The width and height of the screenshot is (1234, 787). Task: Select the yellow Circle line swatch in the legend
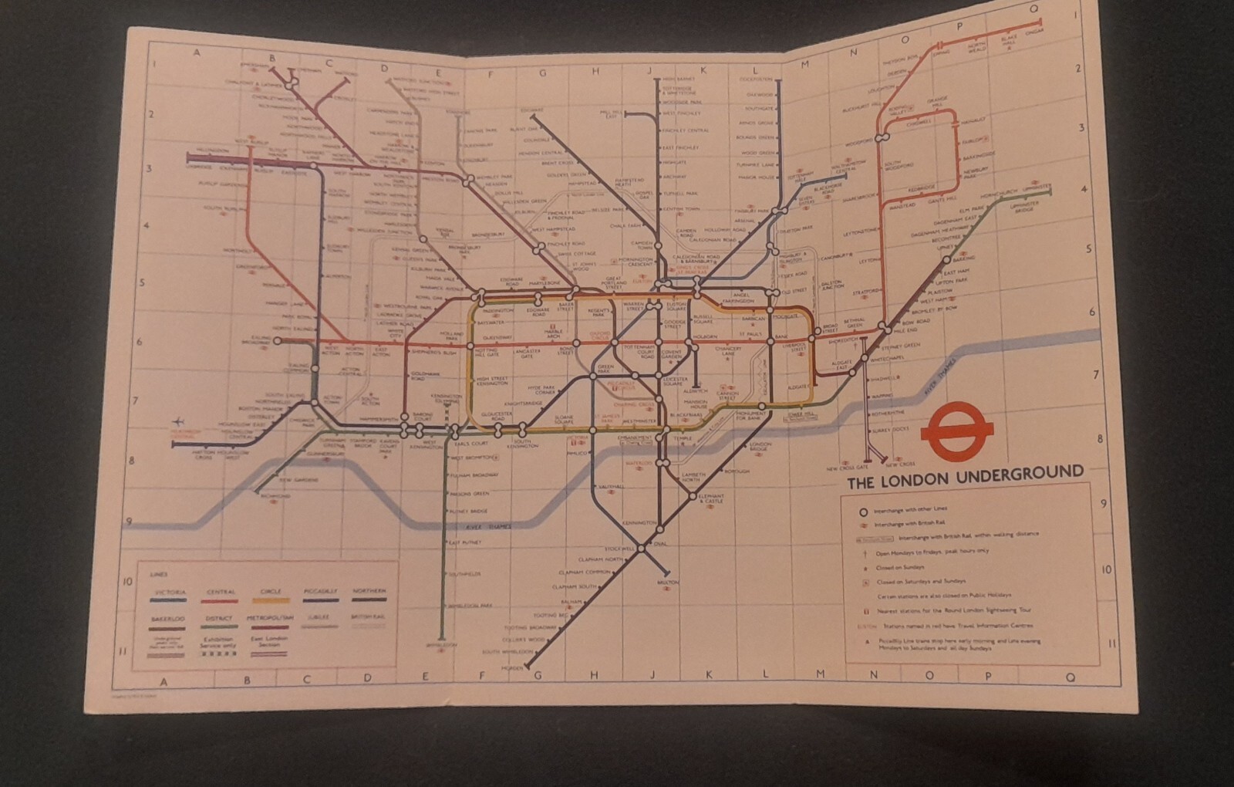point(270,599)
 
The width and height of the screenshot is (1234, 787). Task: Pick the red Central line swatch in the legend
point(221,599)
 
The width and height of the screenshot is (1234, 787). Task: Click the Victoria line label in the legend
point(170,591)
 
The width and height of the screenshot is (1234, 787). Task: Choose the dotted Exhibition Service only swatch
point(219,653)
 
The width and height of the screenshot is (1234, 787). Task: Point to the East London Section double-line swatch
point(268,654)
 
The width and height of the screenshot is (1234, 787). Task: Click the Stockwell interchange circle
point(641,549)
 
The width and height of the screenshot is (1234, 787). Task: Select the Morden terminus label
point(511,668)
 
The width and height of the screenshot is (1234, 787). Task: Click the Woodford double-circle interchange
point(882,137)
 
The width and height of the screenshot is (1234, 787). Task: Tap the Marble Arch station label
point(553,336)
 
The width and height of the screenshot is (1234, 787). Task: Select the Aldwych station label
point(694,391)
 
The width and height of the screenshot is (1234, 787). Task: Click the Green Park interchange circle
point(592,376)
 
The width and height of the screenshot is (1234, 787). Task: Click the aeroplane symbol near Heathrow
point(180,421)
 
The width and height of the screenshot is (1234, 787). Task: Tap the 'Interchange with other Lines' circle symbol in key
point(863,512)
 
